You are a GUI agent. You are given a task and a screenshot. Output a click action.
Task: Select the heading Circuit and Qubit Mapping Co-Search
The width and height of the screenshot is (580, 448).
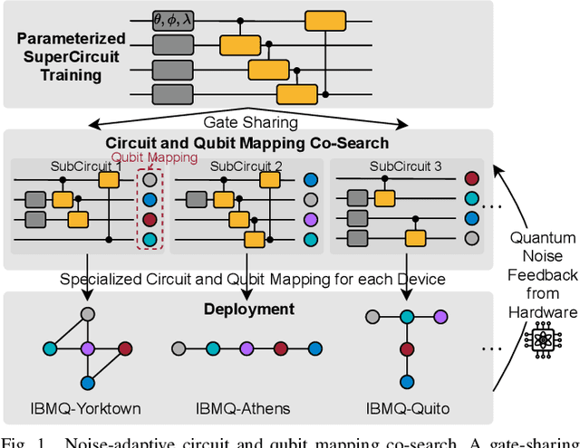click(x=247, y=142)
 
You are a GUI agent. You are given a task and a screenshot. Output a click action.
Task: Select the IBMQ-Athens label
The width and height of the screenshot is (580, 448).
click(x=243, y=408)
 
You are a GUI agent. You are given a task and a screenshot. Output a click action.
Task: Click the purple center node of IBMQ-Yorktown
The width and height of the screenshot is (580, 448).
click(x=88, y=348)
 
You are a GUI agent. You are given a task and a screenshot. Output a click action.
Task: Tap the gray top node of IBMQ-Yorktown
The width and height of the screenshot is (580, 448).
click(x=88, y=314)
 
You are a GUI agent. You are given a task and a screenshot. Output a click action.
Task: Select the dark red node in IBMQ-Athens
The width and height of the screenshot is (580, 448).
click(x=281, y=348)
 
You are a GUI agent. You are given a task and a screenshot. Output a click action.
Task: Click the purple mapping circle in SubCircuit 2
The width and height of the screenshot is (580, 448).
click(x=311, y=220)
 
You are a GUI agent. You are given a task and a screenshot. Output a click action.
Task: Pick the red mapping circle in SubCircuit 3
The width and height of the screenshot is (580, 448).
click(x=471, y=179)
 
